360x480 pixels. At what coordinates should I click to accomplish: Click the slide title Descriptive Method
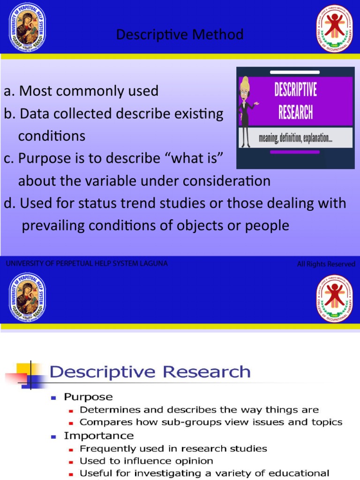coord(180,35)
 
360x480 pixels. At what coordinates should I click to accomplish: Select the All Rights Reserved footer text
coord(326,264)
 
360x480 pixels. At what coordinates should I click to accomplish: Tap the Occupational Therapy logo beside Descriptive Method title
coord(334,28)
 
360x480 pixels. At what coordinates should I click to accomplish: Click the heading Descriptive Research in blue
coord(150,372)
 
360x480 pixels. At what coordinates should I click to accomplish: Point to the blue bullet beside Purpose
coord(54,397)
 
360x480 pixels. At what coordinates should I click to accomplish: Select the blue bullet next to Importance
coord(54,436)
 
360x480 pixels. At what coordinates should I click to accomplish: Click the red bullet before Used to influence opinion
coord(71,462)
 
